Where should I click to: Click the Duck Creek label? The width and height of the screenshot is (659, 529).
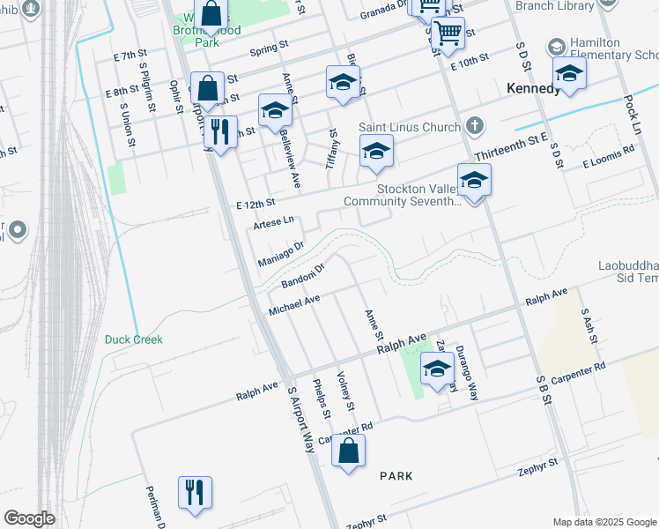click(x=134, y=339)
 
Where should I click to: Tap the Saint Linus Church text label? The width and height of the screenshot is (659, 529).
click(x=410, y=128)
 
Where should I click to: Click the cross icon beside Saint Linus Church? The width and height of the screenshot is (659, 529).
click(x=476, y=123)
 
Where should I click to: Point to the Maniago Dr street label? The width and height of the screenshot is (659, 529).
click(x=279, y=253)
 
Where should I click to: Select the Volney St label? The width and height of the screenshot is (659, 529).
click(x=345, y=391)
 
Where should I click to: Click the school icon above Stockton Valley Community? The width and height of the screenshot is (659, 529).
click(x=474, y=181)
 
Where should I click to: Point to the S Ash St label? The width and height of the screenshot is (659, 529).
click(x=589, y=326)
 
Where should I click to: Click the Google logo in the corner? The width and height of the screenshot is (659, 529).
click(x=29, y=518)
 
